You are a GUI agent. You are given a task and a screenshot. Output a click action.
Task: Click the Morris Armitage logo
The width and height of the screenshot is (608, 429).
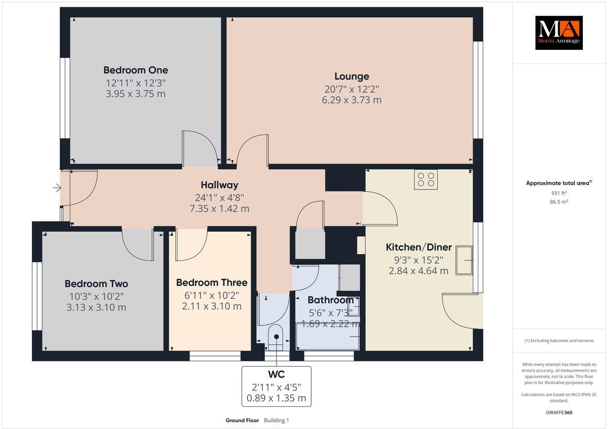pos(558,32)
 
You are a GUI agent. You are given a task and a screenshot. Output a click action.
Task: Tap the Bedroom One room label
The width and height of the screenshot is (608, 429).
pos(136,70)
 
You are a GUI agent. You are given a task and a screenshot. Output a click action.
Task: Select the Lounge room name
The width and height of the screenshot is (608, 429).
pos(351,77)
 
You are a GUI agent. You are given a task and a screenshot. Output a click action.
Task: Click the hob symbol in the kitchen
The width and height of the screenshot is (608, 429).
pos(426,179)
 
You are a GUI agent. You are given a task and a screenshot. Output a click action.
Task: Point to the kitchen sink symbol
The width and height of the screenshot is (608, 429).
pos(464,260)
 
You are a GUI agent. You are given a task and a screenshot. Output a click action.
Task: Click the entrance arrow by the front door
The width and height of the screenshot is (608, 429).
pos(57,188)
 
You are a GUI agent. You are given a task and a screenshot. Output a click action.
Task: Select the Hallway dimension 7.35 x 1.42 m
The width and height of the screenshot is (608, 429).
pos(219,209)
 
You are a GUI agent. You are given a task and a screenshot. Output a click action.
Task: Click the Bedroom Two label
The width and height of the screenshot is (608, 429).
pos(96,284)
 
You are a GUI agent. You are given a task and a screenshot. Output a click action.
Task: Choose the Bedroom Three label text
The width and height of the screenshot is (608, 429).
pos(212,283)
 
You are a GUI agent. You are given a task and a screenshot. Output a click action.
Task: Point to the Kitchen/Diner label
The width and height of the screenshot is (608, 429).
pos(418,247)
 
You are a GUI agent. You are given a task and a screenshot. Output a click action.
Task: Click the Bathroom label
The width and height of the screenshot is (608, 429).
pos(330,300)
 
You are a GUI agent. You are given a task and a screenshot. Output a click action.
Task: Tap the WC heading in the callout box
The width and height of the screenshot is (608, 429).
pos(276,374)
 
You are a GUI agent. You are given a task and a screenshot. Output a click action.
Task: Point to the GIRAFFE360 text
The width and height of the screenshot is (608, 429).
pos(558,412)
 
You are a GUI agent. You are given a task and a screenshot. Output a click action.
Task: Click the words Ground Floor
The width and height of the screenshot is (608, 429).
pos(242,420)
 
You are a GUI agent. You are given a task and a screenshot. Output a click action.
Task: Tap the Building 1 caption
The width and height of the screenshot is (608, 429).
pos(276,420)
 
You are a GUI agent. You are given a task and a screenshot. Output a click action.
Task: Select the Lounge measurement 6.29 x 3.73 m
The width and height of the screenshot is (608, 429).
pos(351,100)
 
